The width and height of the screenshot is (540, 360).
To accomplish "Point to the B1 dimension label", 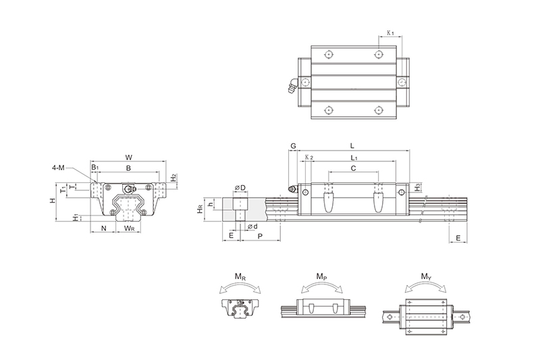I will pos(95,167).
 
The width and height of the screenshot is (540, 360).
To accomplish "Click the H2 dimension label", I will pos(173,178).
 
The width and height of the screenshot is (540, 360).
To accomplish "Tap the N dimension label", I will pos(103,228).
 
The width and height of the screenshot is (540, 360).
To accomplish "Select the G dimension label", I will pos(293,147).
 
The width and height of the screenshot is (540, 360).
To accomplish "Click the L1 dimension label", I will pos(354,157).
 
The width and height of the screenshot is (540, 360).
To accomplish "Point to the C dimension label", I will pos(353,169).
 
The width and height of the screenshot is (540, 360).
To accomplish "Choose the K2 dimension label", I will pos(308,157).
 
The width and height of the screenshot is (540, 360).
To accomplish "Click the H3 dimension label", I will pos(418,186).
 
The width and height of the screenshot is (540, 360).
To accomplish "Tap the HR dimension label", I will pos(200,210).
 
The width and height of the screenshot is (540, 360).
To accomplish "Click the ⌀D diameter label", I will pos(240,187).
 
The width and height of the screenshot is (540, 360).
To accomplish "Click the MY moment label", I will pos(426,276).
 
